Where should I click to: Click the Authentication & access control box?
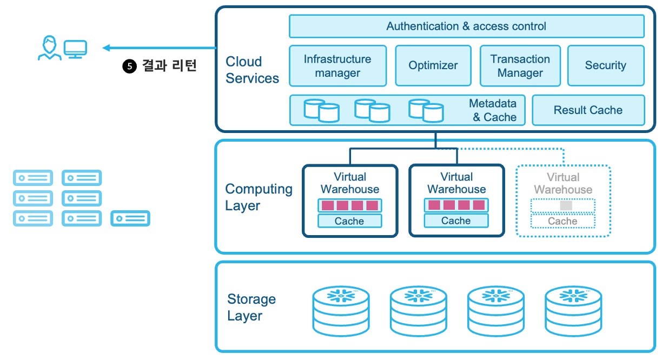coord(466,26)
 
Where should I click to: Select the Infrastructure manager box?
coord(337,66)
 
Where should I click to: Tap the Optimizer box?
coord(433,66)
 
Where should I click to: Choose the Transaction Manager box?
coord(520,66)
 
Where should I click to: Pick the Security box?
coord(605,66)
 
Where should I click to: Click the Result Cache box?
coord(588,110)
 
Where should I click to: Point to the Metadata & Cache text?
coord(493,110)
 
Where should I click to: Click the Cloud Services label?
coord(252,70)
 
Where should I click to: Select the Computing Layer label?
coord(259,197)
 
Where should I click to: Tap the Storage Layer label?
coord(251,308)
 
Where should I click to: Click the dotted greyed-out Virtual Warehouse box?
coord(563,201)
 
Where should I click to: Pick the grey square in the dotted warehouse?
coord(566,206)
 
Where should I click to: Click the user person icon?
coord(49,48)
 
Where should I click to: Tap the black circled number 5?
coord(129,66)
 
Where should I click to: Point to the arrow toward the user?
coord(157,48)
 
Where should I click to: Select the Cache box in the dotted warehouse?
coord(562,221)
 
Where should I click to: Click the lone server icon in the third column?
coord(130,218)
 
